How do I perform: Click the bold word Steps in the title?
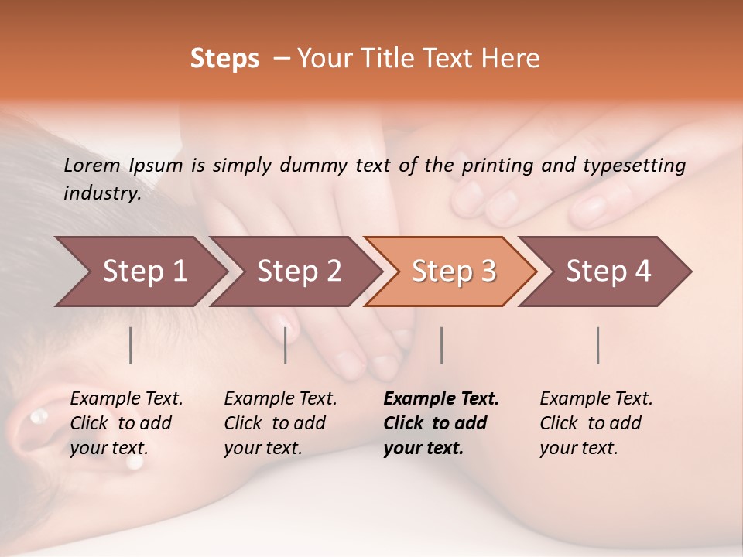coord(224,59)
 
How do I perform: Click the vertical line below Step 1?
coord(131,345)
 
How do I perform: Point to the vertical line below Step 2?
coord(286,345)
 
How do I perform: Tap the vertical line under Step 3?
coord(442,345)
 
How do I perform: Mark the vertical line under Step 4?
coord(598,345)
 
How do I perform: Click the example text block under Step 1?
coord(126,423)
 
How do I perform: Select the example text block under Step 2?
coord(280,423)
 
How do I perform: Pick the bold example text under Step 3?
coord(441,423)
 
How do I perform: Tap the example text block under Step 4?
coord(596,423)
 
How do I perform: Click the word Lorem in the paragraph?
coord(91,165)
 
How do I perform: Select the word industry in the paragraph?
coord(101,193)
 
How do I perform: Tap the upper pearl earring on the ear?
coord(36,418)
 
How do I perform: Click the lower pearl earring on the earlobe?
coord(135,462)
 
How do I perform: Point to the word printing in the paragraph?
coord(497,165)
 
